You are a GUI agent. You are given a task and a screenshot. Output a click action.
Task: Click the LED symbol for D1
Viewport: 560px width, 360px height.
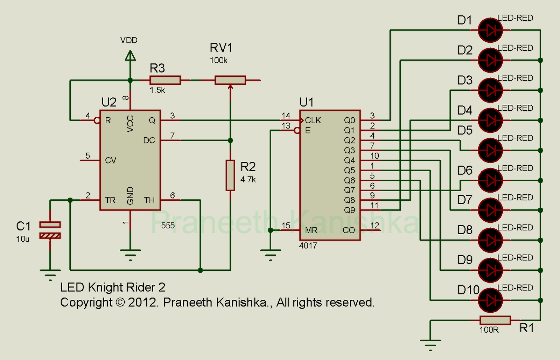(490, 30)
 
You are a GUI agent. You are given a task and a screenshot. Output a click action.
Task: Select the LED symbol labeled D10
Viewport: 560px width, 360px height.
(490, 300)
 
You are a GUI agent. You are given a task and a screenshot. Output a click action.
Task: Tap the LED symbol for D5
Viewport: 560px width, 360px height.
(490, 150)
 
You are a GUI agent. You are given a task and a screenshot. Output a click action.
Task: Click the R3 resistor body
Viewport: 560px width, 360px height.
(165, 80)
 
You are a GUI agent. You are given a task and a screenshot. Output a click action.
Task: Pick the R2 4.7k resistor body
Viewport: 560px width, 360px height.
(230, 175)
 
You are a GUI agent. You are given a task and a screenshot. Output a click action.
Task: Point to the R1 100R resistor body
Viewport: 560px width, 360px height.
(495, 320)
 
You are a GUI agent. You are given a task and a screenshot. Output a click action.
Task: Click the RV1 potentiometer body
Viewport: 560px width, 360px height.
(230, 80)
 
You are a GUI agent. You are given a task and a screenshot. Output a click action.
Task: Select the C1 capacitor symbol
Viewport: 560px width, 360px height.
(50, 230)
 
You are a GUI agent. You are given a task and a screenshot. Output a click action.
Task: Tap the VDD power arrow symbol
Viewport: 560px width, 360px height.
(130, 56)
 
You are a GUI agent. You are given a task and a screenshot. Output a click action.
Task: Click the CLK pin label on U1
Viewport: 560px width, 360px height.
(313, 120)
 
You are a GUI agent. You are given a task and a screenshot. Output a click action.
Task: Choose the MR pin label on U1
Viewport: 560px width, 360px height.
(311, 230)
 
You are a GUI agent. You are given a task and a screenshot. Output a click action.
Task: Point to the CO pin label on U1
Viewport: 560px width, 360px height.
(349, 230)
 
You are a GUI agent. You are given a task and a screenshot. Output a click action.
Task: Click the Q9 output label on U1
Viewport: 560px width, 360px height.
(349, 210)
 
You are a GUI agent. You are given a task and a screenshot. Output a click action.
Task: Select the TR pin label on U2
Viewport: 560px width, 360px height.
(110, 200)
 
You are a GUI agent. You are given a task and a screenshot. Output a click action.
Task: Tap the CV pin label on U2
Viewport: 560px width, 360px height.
(111, 160)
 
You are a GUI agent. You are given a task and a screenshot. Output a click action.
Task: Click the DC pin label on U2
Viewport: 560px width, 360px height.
(149, 140)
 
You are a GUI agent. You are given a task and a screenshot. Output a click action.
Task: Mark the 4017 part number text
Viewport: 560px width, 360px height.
(308, 246)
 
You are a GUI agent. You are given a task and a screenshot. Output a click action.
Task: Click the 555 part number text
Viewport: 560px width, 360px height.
(168, 226)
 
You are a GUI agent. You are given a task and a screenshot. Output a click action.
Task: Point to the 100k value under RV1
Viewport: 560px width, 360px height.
(218, 60)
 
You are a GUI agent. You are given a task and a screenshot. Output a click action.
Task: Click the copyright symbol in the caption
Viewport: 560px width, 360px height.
(120, 303)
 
